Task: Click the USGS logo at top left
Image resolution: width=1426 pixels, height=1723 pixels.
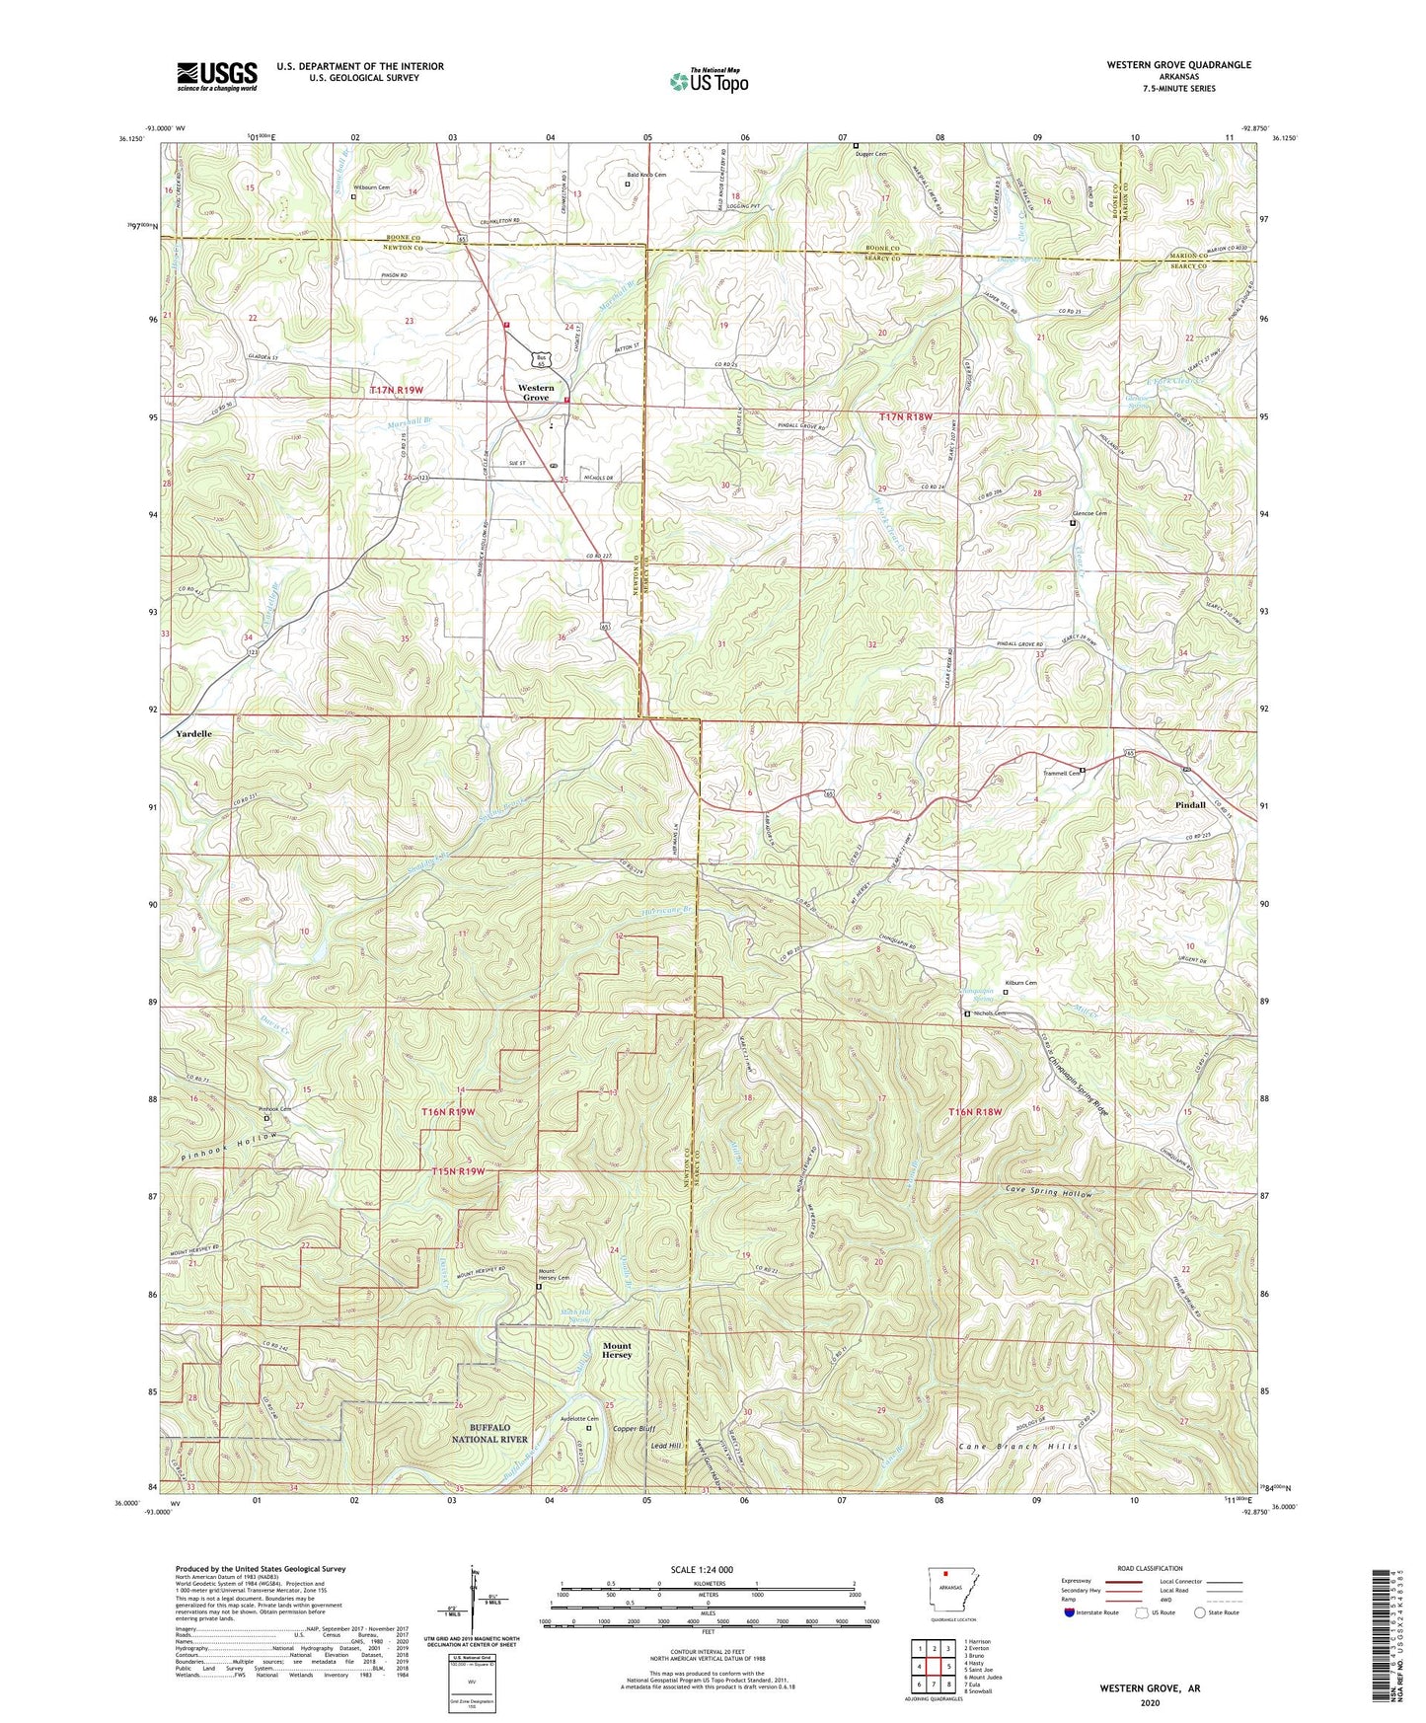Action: [217, 76]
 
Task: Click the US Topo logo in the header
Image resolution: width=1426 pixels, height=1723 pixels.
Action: [708, 82]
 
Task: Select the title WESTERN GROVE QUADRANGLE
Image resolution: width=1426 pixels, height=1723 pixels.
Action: [1178, 65]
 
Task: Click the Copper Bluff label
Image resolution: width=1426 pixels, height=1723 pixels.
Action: [634, 1428]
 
